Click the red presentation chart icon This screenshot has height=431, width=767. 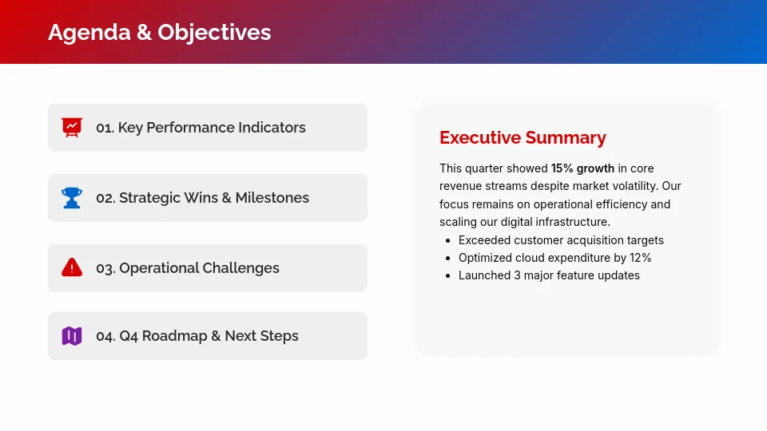72,128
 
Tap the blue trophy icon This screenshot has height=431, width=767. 72,198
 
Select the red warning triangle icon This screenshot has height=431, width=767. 72,267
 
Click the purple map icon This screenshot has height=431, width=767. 72,336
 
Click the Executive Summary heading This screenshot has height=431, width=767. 523,138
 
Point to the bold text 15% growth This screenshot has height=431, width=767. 582,168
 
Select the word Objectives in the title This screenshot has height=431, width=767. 214,33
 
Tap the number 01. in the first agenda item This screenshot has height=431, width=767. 105,128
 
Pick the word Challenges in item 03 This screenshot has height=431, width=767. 240,268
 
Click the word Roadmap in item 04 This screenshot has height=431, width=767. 174,336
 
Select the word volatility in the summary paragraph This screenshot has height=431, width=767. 633,186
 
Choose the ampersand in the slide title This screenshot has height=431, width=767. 144,33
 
